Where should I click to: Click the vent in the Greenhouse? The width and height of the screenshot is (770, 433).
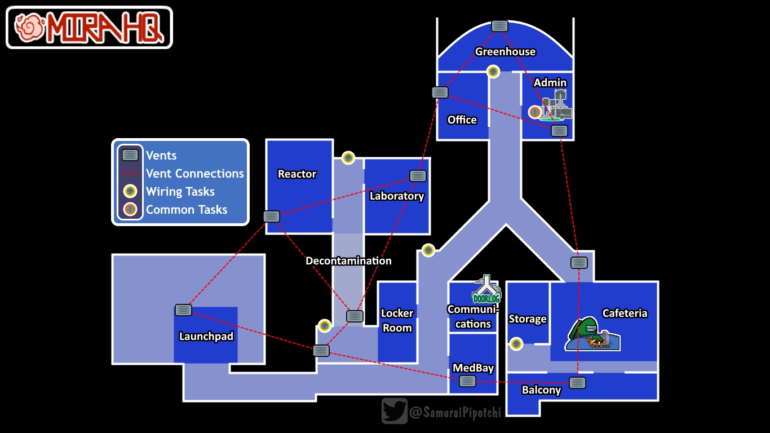tap(499, 26)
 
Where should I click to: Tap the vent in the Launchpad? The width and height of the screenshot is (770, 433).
tap(183, 310)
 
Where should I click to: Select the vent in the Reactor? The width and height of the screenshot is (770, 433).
tap(271, 216)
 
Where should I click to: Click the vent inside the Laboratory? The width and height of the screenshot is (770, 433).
tap(418, 176)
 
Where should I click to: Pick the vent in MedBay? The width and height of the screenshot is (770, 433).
tap(467, 381)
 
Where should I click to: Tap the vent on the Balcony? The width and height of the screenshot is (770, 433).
tap(577, 383)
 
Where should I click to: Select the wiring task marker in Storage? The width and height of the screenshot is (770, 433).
tap(516, 343)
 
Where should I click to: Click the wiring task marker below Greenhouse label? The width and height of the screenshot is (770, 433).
tap(493, 72)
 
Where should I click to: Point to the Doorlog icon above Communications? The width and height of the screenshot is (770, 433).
tap(486, 290)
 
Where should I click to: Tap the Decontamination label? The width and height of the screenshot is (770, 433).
tap(348, 261)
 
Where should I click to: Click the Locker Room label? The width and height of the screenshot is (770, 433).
tap(397, 320)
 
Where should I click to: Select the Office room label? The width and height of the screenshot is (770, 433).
tap(462, 120)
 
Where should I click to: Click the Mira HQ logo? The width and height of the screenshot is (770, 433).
tap(89, 27)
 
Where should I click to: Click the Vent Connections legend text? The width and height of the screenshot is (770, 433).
tap(194, 174)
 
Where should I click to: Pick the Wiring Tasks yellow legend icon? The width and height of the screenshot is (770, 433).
tap(130, 192)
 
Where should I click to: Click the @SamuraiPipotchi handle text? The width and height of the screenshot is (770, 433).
tap(455, 413)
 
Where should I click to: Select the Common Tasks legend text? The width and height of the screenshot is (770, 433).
tap(187, 210)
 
